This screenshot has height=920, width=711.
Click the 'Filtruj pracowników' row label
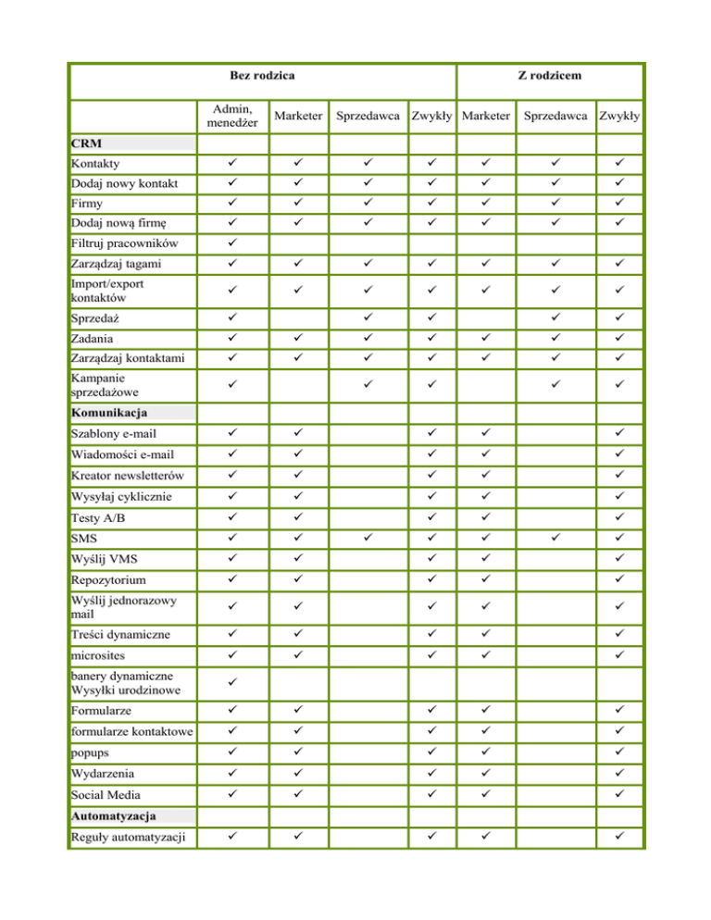pyautogui.click(x=126, y=242)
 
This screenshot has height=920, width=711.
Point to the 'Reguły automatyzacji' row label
pyautogui.click(x=128, y=839)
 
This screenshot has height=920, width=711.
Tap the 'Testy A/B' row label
pyautogui.click(x=99, y=517)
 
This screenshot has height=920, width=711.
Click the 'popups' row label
pyautogui.click(x=91, y=753)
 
